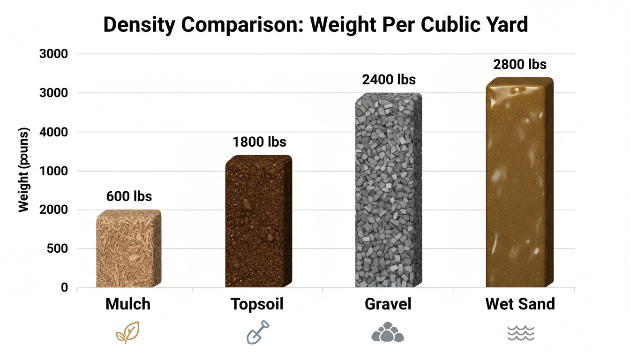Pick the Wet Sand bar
click(x=519, y=182)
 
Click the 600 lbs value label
click(x=129, y=196)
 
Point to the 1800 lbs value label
click(x=259, y=142)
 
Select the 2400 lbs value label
click(x=389, y=80)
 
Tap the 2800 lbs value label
click(x=520, y=64)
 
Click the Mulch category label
click(x=128, y=304)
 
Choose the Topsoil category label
click(x=257, y=305)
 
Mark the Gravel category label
click(x=388, y=304)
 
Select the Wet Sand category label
click(x=520, y=304)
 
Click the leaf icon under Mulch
click(x=127, y=332)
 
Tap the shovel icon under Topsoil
click(x=258, y=332)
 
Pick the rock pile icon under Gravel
click(x=388, y=332)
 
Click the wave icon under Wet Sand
click(x=520, y=333)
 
